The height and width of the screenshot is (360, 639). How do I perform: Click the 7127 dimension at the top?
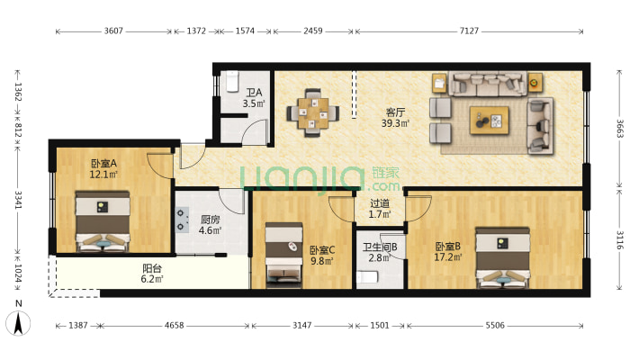point(469,31)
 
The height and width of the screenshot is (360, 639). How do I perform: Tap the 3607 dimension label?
point(113,31)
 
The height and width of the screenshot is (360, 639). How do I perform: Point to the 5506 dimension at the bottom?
point(495,325)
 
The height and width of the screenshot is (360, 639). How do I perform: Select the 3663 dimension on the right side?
point(619,129)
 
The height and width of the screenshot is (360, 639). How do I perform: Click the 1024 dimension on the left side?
point(18,274)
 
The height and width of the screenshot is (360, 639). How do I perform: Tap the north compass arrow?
point(18,323)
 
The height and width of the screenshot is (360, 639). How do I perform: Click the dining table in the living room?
point(313,112)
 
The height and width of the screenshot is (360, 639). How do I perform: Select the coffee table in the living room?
point(489,121)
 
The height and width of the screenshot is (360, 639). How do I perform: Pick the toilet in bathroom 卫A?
point(232,82)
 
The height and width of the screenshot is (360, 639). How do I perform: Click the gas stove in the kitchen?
point(182,220)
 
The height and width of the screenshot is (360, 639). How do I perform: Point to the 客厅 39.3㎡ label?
point(395,117)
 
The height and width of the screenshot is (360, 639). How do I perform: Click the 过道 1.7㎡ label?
point(380,208)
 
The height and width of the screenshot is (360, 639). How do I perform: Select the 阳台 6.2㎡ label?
point(152,274)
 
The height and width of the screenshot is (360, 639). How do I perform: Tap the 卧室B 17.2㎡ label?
point(448,252)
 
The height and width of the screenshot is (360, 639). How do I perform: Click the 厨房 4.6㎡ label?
point(211,225)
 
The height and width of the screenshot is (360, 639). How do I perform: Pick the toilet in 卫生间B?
point(367,277)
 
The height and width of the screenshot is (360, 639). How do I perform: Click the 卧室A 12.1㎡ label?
point(103,169)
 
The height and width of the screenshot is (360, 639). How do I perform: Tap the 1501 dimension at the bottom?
point(380,325)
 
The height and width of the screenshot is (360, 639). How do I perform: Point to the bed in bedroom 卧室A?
point(103,221)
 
